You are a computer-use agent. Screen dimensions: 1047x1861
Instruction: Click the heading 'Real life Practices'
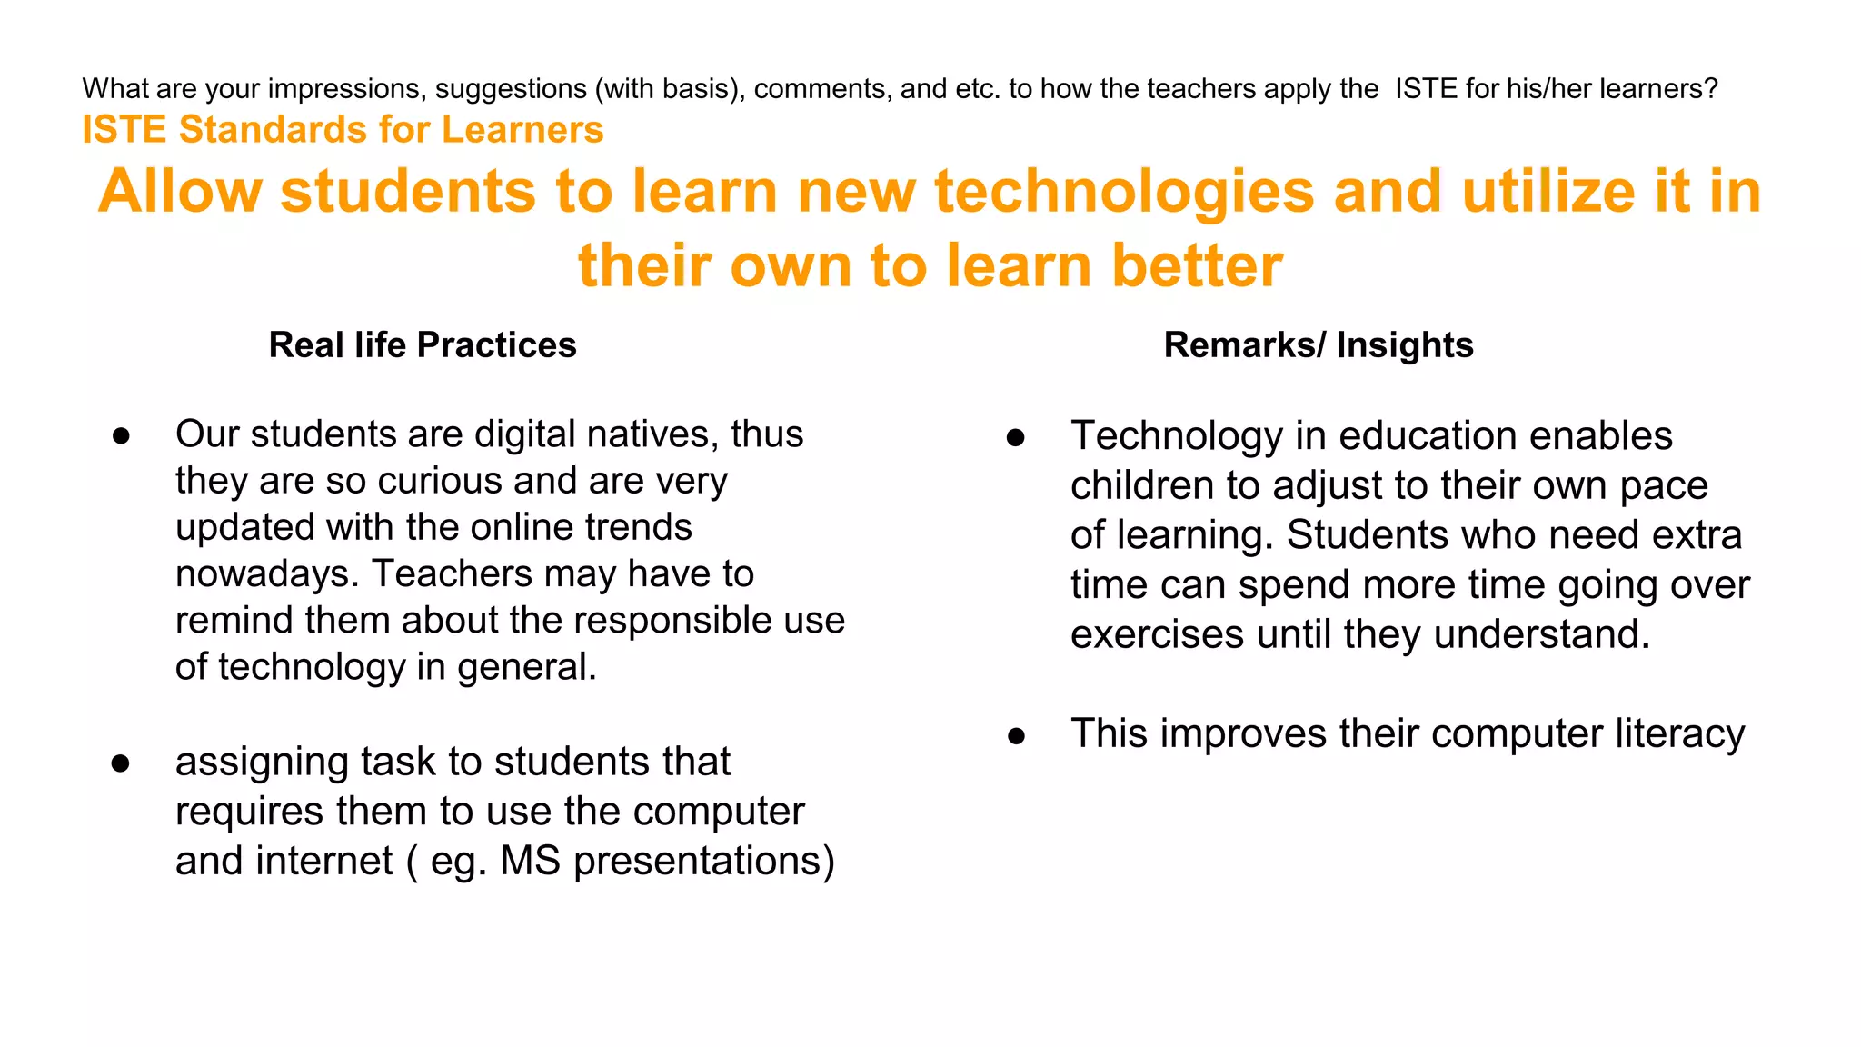(423, 345)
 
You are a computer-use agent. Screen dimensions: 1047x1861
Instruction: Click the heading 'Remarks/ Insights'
(1318, 345)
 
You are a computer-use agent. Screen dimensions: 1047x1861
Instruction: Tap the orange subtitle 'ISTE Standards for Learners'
(343, 130)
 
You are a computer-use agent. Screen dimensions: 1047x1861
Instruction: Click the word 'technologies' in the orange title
(1124, 192)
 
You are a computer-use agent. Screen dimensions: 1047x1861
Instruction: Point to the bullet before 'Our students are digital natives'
(121, 436)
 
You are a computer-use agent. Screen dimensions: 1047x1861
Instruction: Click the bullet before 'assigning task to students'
(121, 763)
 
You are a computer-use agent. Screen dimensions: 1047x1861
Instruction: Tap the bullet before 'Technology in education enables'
(1016, 438)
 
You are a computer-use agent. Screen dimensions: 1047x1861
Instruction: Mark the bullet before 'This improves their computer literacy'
(1016, 735)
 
